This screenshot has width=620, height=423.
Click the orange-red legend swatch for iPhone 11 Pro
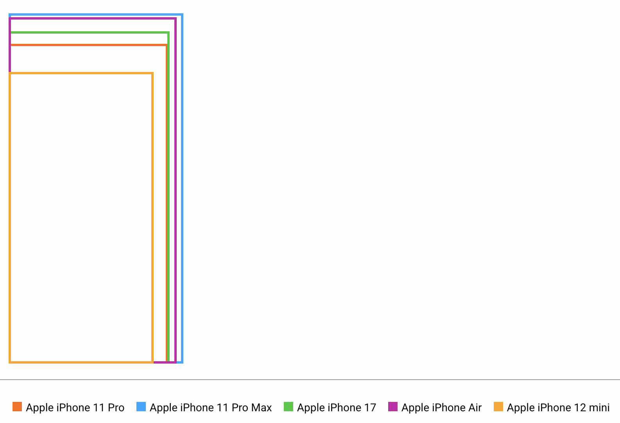pos(17,407)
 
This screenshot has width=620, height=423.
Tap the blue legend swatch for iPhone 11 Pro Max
pos(141,407)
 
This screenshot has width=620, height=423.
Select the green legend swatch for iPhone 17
pos(288,407)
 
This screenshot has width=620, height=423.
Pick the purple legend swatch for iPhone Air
pos(393,407)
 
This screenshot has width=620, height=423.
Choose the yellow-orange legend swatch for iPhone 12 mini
pos(498,407)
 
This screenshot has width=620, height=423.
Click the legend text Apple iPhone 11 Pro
pos(75,408)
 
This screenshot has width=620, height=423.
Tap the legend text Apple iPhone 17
pos(336,408)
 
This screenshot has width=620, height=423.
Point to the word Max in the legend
pos(262,408)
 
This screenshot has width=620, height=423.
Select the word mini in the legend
pos(599,408)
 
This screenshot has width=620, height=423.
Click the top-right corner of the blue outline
pos(182,15)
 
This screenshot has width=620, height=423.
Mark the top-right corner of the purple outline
pos(175,18)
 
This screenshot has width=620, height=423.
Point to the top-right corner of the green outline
pos(168,32)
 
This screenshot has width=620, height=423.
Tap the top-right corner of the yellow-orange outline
pos(152,73)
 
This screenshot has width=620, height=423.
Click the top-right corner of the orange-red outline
pos(166,45)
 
